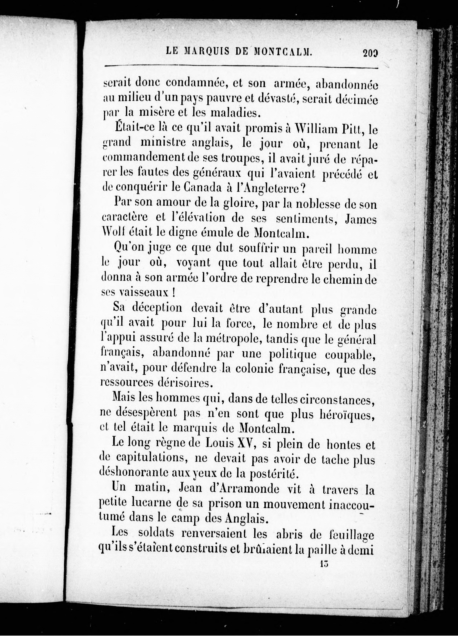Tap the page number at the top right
click(370, 52)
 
